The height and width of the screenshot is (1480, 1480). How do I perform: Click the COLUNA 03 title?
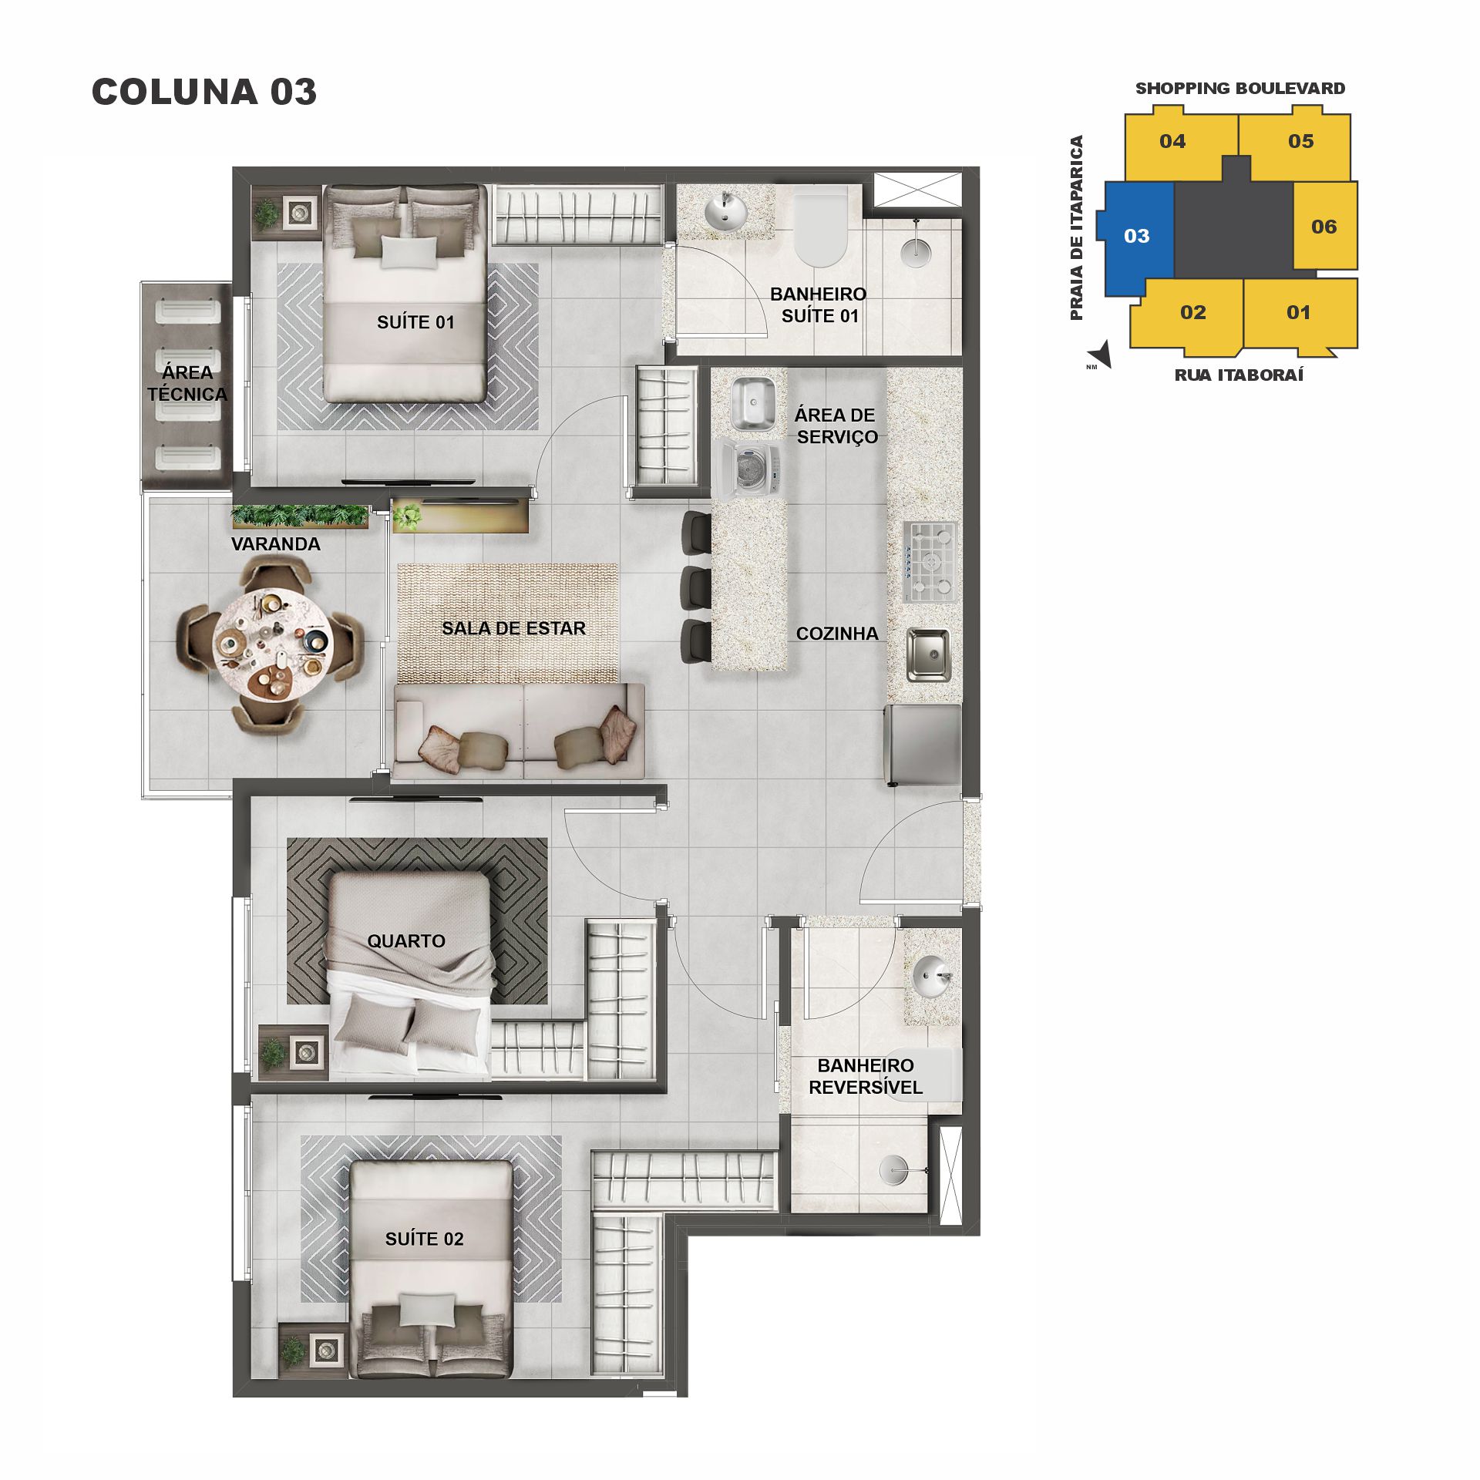coord(204,92)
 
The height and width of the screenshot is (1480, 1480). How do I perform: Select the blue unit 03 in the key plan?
coord(1136,236)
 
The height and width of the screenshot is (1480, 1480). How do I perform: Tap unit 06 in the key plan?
coord(1324,227)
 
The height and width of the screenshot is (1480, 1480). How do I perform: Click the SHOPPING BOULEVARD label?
coord(1239,89)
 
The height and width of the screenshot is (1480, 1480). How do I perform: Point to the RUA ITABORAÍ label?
coord(1239,375)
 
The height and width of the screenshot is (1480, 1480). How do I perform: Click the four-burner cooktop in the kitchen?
coord(930,561)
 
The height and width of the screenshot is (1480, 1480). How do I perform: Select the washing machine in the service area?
coord(751,467)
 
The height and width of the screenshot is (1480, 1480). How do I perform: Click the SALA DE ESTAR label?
coord(513,628)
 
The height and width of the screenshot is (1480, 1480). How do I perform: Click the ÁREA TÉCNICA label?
coord(187,383)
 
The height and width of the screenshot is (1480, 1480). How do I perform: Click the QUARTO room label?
coord(405,940)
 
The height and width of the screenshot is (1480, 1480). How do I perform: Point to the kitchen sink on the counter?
coord(928,654)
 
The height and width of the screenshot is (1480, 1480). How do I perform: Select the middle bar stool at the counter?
coord(696,587)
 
